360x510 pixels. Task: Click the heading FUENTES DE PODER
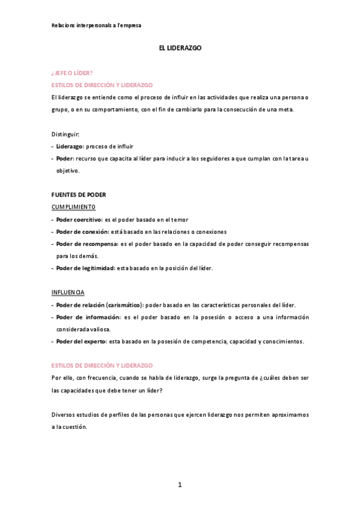click(x=79, y=195)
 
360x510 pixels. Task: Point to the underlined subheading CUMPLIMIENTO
click(x=73, y=207)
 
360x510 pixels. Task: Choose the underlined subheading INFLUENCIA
click(x=68, y=292)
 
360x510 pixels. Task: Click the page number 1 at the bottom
click(x=179, y=485)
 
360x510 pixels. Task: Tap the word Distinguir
click(x=66, y=134)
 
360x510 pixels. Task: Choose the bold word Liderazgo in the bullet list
click(x=70, y=146)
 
